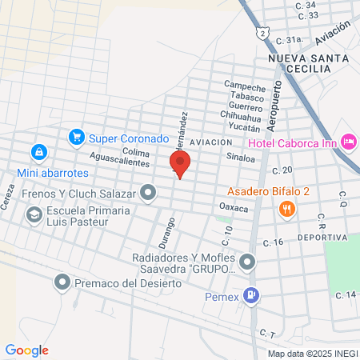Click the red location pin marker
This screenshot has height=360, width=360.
(x=180, y=164)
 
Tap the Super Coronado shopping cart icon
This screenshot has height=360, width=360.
(x=77, y=138)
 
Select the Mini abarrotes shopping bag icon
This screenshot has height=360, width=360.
(x=38, y=151)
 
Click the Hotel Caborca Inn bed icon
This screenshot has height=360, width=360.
(x=349, y=142)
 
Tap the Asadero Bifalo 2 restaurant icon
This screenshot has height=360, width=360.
(x=286, y=209)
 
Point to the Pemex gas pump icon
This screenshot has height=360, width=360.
(x=253, y=295)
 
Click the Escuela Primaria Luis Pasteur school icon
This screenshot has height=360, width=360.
(x=34, y=214)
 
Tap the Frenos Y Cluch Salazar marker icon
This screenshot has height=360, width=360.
(x=148, y=191)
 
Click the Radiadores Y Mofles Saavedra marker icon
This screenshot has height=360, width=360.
(x=248, y=261)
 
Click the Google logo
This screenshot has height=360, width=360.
(x=27, y=350)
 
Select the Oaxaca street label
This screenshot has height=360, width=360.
(x=234, y=207)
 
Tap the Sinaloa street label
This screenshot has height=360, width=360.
(x=240, y=158)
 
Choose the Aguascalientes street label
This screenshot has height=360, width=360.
(x=120, y=162)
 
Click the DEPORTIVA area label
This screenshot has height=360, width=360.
(x=322, y=238)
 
